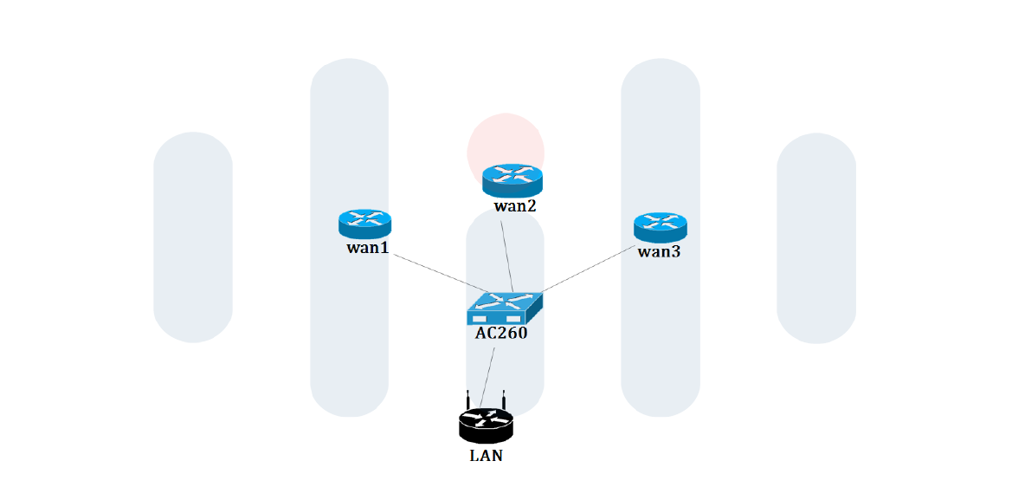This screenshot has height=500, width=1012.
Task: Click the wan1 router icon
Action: tap(364, 224)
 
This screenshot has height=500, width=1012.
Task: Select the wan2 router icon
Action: tap(512, 179)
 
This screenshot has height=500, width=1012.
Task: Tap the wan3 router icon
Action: tap(660, 227)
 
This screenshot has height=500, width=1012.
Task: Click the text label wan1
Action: tap(367, 248)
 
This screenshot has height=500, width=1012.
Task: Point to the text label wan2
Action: tap(515, 206)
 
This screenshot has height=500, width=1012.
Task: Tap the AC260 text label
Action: tap(501, 332)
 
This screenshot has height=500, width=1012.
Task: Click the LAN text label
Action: tap(486, 456)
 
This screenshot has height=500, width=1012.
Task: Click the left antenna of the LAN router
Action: tap(467, 399)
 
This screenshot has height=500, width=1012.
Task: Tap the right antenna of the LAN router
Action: tap(503, 399)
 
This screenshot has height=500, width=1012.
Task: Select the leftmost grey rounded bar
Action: tap(193, 237)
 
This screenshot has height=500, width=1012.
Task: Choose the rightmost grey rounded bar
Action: tap(816, 237)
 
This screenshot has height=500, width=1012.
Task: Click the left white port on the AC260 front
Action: tap(480, 319)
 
